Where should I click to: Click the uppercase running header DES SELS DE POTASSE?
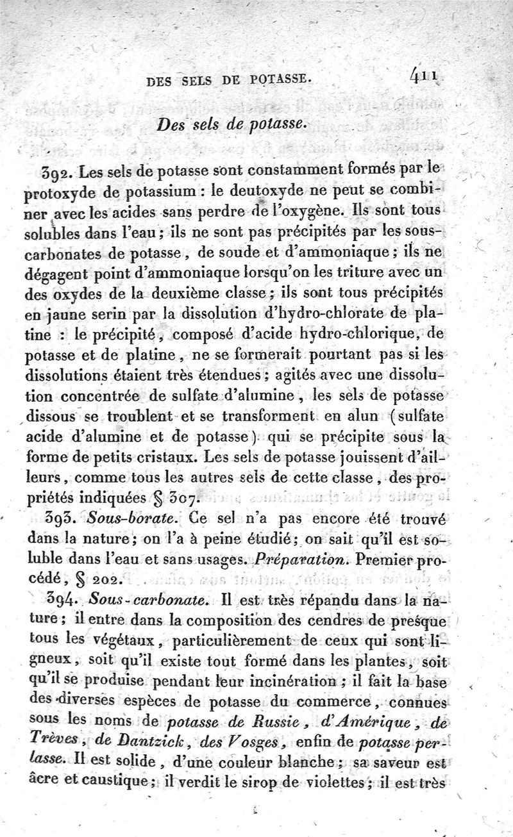click(229, 81)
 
